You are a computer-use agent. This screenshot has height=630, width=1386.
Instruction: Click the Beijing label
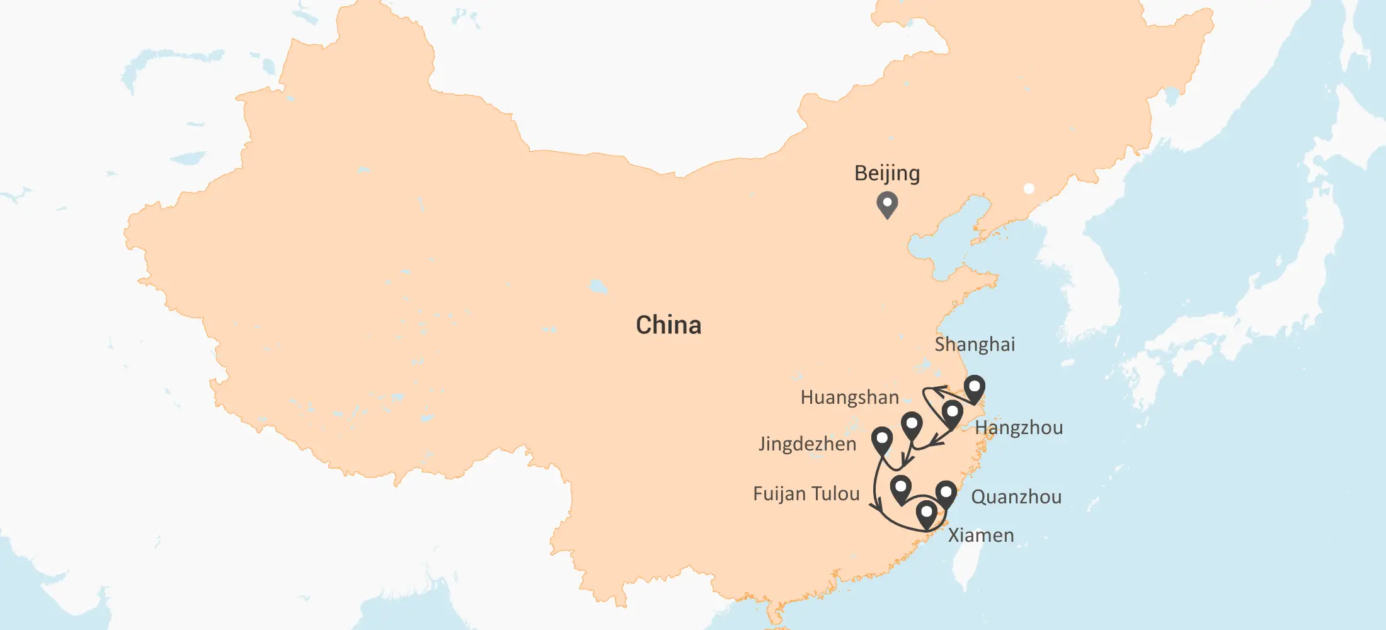point(887,173)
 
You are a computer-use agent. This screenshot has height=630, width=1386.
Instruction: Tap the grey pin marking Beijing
point(887,204)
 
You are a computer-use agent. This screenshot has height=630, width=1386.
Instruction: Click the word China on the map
point(668,325)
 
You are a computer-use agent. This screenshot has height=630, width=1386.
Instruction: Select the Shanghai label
point(975,345)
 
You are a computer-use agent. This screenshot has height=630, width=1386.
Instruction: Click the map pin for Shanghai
point(975,388)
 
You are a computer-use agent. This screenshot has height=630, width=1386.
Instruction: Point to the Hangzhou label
point(1019,428)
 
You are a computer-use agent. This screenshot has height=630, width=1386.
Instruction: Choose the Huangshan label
point(849,398)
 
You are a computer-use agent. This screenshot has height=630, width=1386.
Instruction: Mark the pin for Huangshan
point(912,425)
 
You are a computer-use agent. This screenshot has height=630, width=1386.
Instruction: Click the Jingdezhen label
point(807,444)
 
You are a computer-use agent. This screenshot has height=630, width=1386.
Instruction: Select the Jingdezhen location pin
point(882,440)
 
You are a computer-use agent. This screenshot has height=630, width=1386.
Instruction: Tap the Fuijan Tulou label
point(806,494)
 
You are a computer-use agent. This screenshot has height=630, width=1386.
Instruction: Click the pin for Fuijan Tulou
point(901,489)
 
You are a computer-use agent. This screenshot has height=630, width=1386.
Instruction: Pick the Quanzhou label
point(1016,497)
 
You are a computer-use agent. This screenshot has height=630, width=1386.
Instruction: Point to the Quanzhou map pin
point(946,493)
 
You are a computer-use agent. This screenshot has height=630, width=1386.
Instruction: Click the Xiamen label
point(981,535)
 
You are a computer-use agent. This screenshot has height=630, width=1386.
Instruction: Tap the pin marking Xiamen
point(926,514)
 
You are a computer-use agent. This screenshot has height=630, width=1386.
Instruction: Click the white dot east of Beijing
point(1029,188)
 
